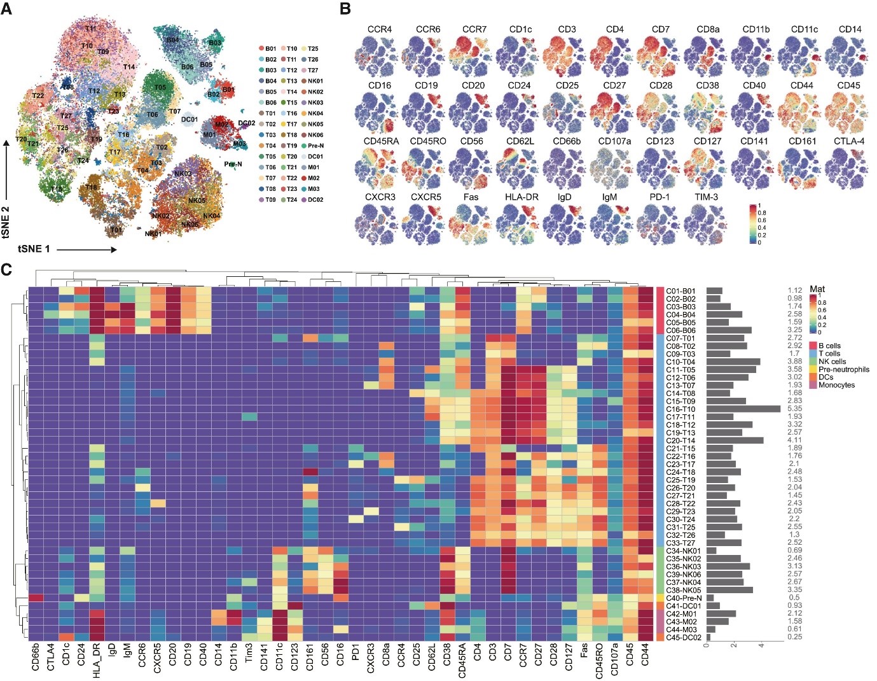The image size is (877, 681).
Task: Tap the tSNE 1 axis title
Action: click(x=34, y=249)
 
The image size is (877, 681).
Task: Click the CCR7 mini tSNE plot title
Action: click(x=474, y=29)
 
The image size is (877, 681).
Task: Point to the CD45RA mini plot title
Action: click(x=381, y=141)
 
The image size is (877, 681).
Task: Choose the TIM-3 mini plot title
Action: click(x=706, y=197)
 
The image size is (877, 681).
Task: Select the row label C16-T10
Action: click(x=680, y=409)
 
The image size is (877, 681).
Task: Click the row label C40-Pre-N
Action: click(x=684, y=598)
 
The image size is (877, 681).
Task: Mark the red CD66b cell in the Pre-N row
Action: click(x=35, y=598)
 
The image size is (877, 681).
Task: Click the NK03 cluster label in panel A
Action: click(x=183, y=174)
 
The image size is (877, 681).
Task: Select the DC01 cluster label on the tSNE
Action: click(x=190, y=120)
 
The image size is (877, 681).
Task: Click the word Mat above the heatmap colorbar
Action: click(x=817, y=289)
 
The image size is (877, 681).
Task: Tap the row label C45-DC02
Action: click(x=684, y=637)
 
